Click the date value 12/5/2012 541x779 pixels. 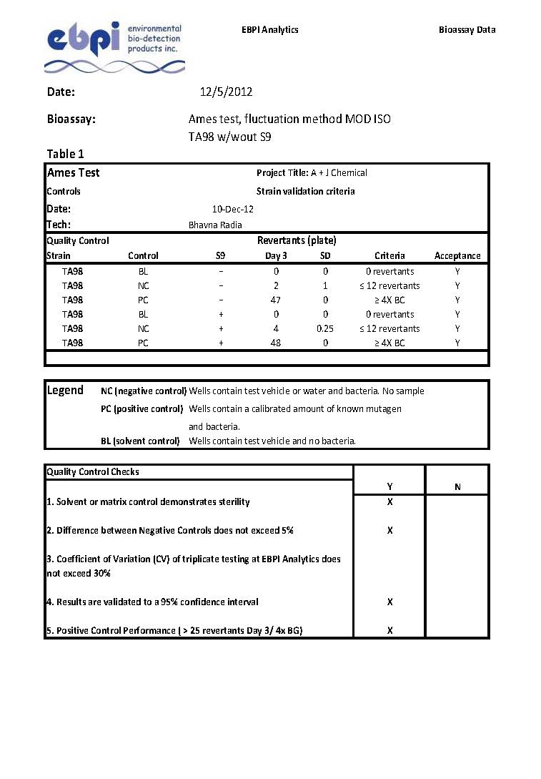[x=226, y=92]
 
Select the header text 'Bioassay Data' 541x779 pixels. [x=467, y=29]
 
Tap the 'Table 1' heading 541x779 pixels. [x=65, y=154]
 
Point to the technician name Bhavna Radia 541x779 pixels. [x=215, y=225]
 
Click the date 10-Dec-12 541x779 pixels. [x=233, y=209]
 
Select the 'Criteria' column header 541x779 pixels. [x=389, y=255]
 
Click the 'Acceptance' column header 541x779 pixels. [x=457, y=255]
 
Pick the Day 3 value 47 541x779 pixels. [x=276, y=300]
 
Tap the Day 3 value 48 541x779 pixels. [x=276, y=343]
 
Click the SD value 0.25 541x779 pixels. [x=325, y=328]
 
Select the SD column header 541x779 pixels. [x=325, y=255]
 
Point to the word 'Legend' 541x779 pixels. [x=65, y=391]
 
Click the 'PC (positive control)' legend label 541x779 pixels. [x=142, y=408]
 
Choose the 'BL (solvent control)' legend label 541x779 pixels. [x=140, y=441]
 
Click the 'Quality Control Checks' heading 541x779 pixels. [x=93, y=471]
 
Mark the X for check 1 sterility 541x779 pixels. [x=389, y=501]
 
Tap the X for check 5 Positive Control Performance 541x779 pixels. [x=389, y=630]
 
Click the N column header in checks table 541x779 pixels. [x=457, y=487]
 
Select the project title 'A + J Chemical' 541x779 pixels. [x=339, y=172]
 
